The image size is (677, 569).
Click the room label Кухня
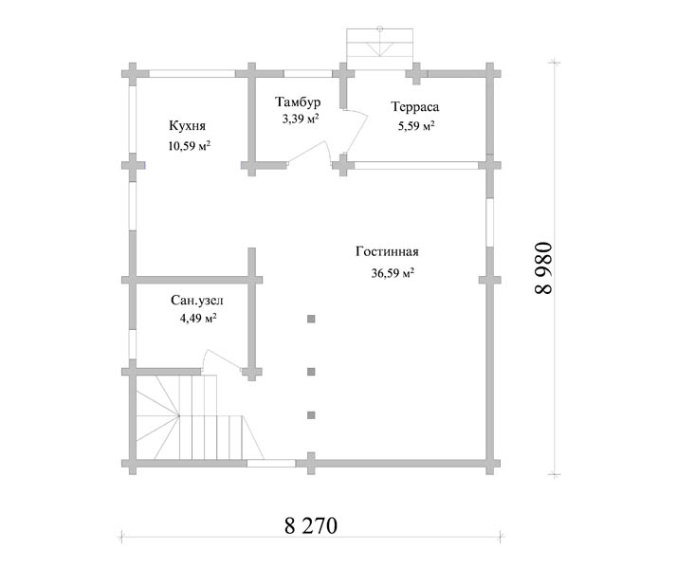click(187, 126)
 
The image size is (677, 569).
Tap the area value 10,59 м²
click(189, 146)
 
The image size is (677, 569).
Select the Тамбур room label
click(298, 102)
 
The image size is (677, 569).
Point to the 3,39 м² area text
click(301, 119)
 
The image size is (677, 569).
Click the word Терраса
click(415, 106)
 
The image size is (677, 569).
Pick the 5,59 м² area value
click(416, 126)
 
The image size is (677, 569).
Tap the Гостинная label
click(387, 251)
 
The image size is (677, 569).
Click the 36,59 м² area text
click(393, 273)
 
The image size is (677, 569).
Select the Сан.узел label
click(197, 301)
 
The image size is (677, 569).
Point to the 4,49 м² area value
click(198, 319)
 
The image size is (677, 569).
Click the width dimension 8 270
click(311, 525)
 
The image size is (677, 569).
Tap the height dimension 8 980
click(543, 268)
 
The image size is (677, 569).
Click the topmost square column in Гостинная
click(311, 319)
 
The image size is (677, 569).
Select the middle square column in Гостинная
click(311, 372)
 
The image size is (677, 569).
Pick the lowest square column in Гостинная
click(311, 415)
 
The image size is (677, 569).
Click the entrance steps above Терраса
click(380, 48)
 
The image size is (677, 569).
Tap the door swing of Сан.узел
click(222, 358)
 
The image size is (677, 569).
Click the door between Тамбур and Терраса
click(355, 130)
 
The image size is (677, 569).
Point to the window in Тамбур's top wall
click(308, 74)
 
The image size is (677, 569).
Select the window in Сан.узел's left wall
click(133, 344)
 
